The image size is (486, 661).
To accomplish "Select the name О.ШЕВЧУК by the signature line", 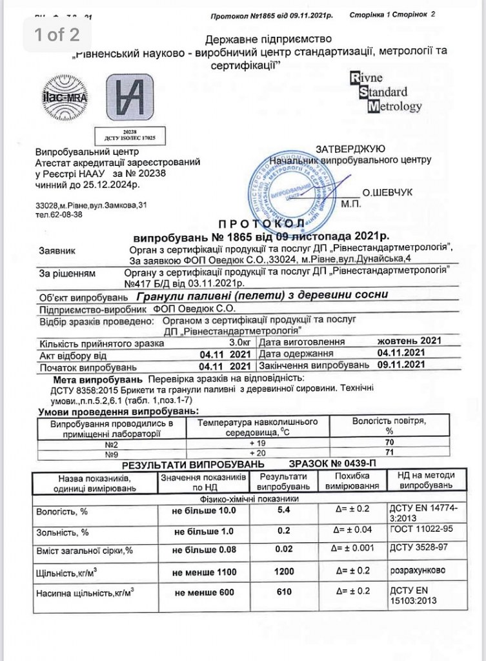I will (387, 192).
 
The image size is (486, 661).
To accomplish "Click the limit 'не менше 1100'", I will (205, 572).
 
